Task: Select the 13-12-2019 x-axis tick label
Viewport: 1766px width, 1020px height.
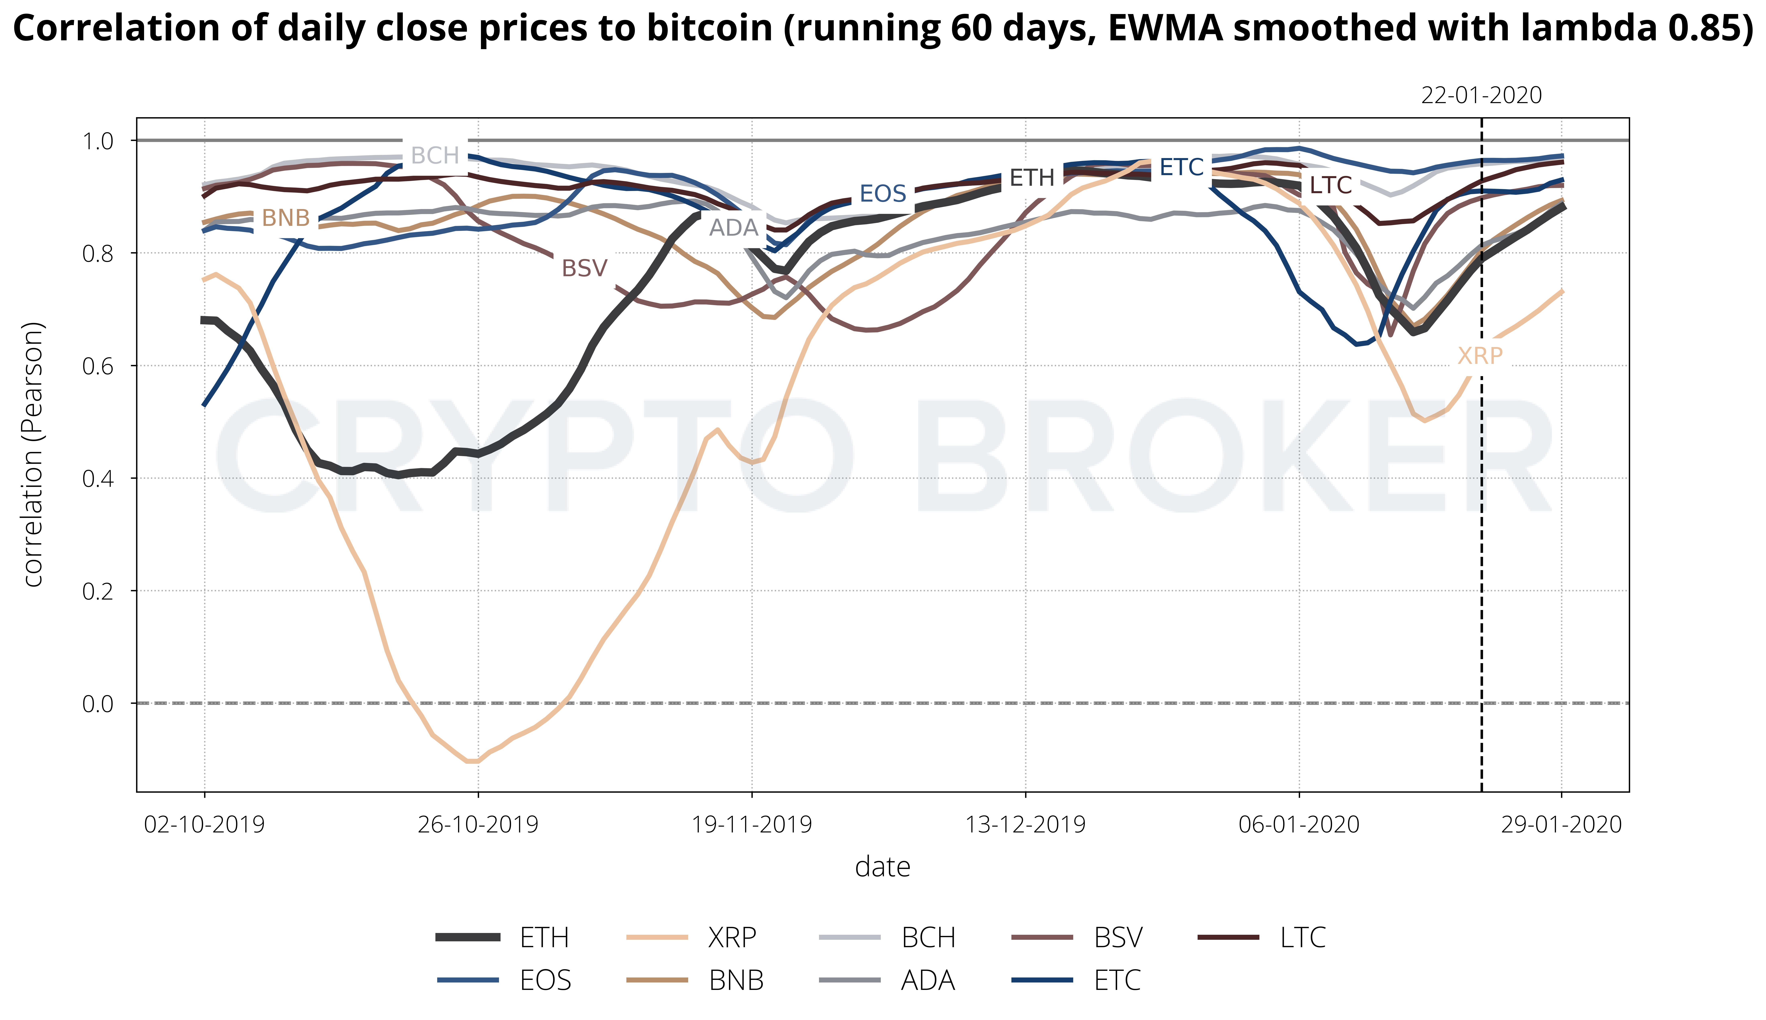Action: coord(1026,825)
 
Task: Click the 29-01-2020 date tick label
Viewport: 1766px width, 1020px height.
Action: coord(1561,825)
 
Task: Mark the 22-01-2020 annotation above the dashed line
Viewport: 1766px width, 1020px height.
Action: coord(1481,95)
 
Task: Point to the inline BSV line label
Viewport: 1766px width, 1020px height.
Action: coord(584,268)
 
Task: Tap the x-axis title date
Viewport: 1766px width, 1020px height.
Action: coord(883,867)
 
